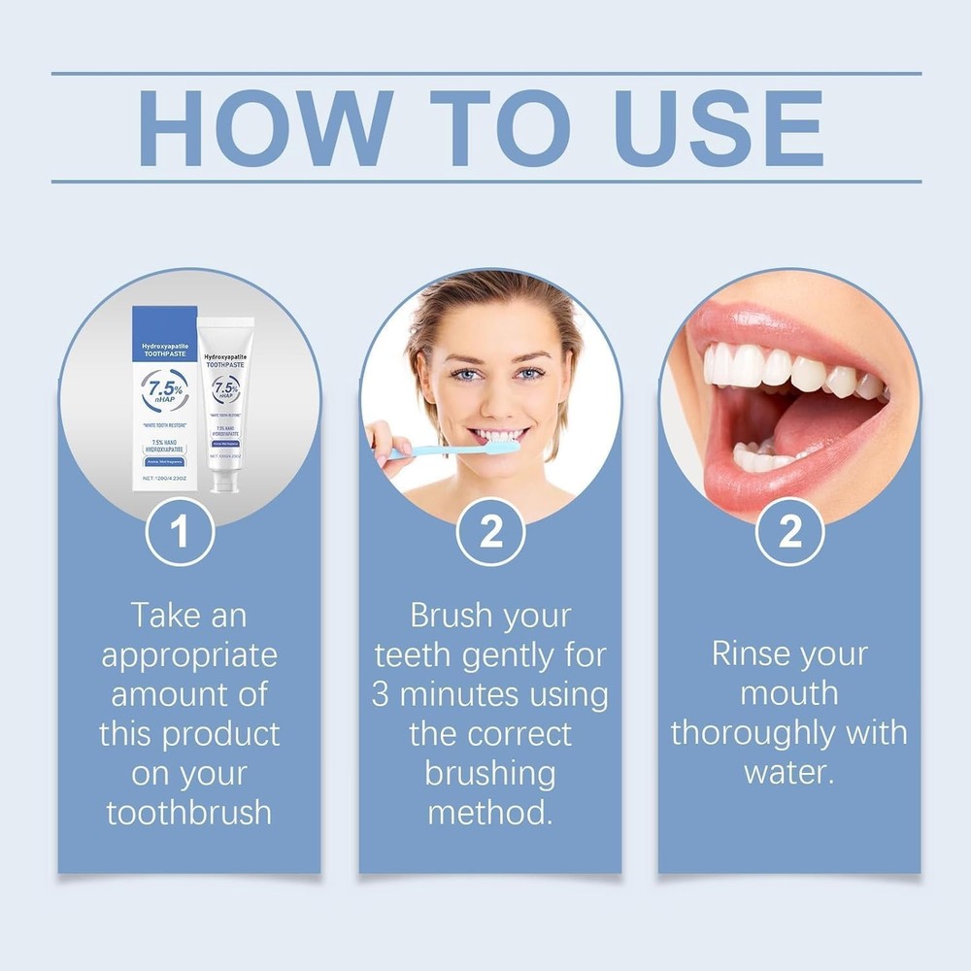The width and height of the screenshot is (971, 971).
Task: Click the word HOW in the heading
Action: tap(263, 127)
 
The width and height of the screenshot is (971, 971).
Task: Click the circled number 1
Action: tap(179, 531)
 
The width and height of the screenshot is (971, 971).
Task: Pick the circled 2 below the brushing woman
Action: tap(490, 531)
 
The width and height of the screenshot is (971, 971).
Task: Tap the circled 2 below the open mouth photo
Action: tap(790, 531)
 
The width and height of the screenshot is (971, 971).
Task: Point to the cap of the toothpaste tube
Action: tap(226, 483)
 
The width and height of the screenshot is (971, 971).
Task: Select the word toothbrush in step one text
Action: tap(189, 812)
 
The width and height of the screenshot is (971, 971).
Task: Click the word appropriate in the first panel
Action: tap(189, 654)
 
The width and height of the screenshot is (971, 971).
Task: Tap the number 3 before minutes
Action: tap(381, 694)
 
